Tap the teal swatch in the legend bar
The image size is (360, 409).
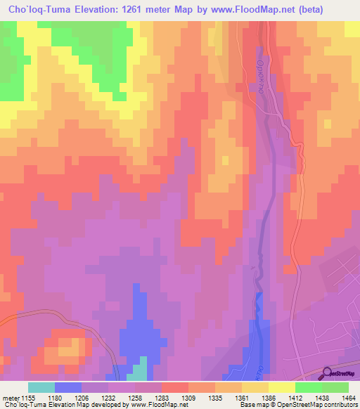tap(41, 387)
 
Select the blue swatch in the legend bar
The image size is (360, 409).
tap(68, 387)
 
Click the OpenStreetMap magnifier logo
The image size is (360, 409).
tap(327, 373)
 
